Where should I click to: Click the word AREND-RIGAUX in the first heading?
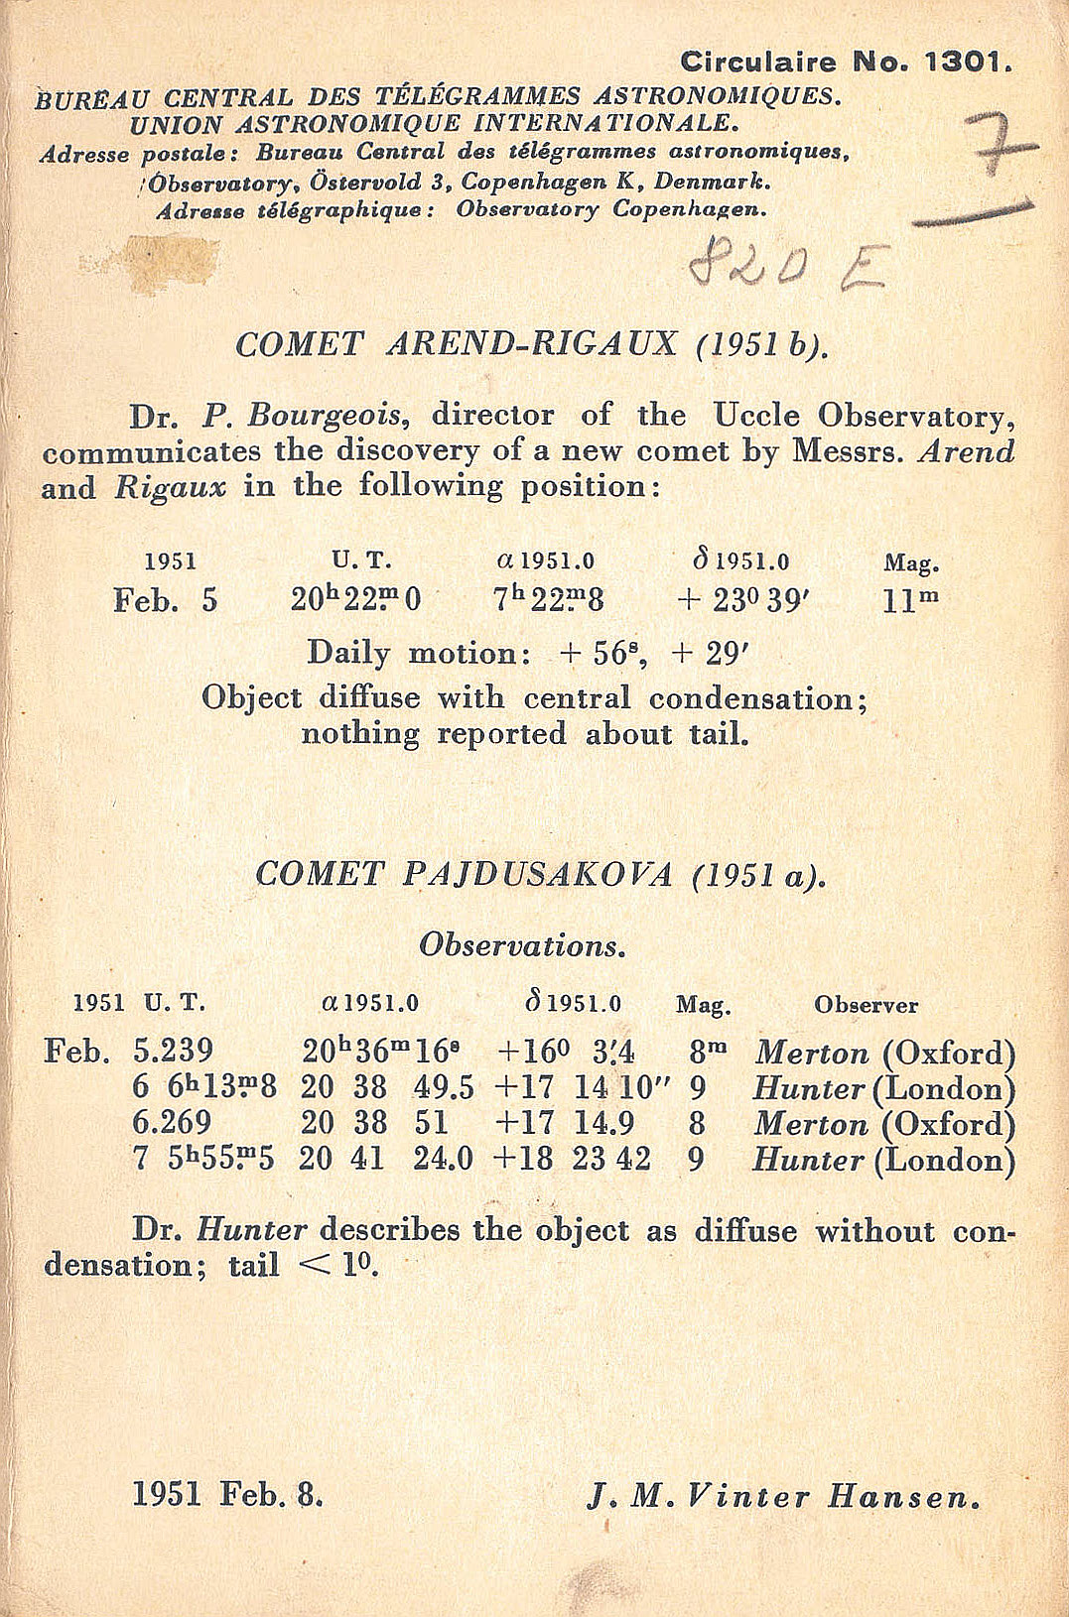click(531, 344)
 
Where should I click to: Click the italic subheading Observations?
click(522, 944)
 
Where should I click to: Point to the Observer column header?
click(866, 1005)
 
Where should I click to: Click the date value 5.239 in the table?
click(173, 1051)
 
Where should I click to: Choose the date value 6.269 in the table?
click(172, 1123)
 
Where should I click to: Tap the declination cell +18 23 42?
click(573, 1159)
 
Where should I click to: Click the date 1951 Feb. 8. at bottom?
click(227, 1494)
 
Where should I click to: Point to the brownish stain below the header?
click(167, 264)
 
